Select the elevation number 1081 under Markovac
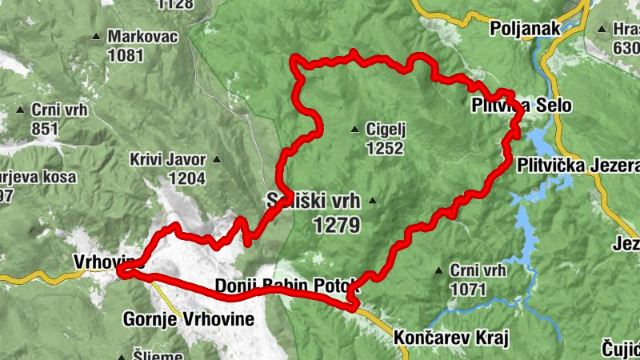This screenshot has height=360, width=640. click(x=127, y=56)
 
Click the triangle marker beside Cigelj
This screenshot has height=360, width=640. click(x=354, y=129)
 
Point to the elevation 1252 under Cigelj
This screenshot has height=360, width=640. click(x=384, y=148)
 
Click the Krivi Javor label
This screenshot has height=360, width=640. click(x=168, y=159)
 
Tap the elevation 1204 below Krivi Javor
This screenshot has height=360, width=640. click(x=186, y=178)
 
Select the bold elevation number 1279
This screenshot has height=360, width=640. click(x=337, y=226)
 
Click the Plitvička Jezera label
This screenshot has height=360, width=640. click(x=578, y=166)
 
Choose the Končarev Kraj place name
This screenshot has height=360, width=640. click(x=452, y=338)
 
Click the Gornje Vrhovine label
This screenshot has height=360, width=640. click(x=189, y=319)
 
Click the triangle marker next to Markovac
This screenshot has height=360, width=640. click(x=97, y=37)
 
